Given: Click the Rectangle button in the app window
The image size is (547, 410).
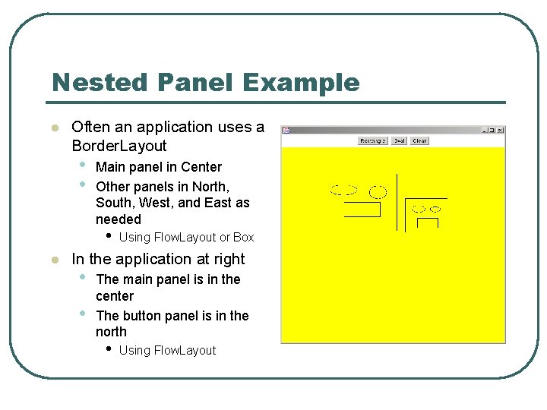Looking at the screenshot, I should pos(373,140).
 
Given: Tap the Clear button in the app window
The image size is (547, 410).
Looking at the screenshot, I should pos(419,140).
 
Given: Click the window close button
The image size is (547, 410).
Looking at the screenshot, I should pos(500,131).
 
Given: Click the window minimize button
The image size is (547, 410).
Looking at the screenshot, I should pos(484,131).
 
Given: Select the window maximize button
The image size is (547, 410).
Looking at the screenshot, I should pos(492,131).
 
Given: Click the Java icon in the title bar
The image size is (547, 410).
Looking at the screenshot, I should pos(286,131).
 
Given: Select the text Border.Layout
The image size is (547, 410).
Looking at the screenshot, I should pos(119,146).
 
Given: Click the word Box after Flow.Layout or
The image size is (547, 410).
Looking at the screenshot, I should pos(244,238).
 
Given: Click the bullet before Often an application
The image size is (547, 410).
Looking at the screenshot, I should pos(54,128).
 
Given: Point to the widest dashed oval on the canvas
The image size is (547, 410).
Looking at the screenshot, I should pos(343,190).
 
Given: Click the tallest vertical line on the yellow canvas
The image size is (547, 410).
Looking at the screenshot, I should pos(397,201).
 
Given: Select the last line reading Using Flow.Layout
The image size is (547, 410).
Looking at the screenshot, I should pos(167,351).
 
